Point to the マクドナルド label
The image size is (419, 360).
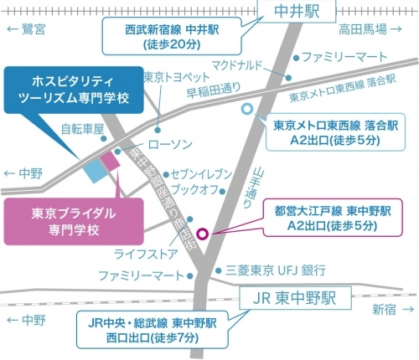[x=238, y=64]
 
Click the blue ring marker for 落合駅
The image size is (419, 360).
[x=246, y=109]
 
